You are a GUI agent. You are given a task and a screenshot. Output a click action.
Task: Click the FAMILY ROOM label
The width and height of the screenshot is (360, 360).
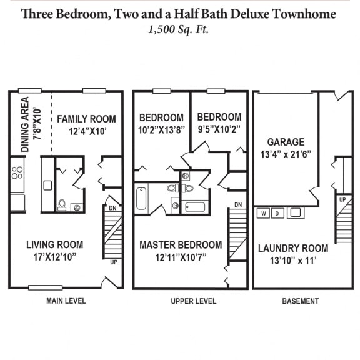pos(86,119)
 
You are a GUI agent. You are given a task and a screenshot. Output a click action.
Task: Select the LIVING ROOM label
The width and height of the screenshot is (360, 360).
pos(55,244)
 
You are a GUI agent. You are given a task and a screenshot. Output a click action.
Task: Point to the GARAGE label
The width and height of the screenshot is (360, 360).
pos(286,142)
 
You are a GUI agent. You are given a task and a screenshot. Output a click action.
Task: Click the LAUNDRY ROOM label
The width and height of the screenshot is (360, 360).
pos(292,248)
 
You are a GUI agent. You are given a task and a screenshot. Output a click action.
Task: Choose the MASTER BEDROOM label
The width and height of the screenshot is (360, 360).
pos(180,244)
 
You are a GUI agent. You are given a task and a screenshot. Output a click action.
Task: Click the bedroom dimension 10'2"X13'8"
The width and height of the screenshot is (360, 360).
pos(161,130)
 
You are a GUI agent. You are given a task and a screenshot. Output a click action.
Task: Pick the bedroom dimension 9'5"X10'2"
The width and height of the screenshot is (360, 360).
pos(219,130)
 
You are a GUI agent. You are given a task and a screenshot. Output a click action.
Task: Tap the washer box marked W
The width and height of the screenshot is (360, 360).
pos(264,214)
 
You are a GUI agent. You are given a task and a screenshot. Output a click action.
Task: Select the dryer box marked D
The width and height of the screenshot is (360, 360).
pos(278,214)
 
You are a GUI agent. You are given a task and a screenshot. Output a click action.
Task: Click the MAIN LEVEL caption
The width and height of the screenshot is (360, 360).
pos(66,301)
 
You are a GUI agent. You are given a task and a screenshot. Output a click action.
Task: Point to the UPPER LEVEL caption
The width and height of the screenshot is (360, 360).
pos(194,301)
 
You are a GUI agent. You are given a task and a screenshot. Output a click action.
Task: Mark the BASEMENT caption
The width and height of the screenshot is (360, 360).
pos(300,301)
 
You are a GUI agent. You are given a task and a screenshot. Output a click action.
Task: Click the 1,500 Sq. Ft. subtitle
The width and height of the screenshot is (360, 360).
pos(179,29)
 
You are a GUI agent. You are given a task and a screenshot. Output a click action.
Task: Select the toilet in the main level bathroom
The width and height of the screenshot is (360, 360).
pos(62,204)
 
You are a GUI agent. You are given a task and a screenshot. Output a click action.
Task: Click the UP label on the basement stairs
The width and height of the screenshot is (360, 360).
pos(342,199)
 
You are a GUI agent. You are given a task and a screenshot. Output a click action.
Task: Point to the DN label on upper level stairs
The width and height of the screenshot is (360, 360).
pos(237,204)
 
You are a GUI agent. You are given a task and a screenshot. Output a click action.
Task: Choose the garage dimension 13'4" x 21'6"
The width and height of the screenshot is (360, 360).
pos(286,154)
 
